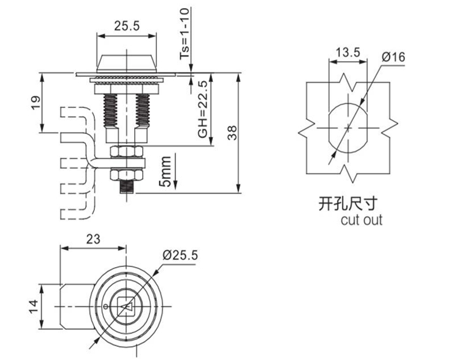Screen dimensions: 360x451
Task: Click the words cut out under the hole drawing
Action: pos(361,220)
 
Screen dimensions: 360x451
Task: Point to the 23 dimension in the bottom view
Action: pos(93,237)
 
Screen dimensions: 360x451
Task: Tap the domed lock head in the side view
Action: pos(127,61)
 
